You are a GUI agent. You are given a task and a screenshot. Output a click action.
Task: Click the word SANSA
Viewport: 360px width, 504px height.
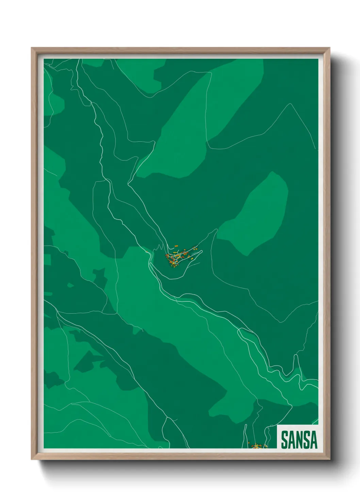[x=299, y=440]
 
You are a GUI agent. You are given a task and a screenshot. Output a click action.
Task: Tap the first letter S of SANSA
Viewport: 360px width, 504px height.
[x=284, y=440]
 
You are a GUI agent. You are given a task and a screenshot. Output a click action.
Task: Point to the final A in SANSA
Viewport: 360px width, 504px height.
[x=313, y=440]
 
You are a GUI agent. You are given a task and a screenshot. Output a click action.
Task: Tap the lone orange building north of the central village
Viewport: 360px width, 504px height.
[x=176, y=246]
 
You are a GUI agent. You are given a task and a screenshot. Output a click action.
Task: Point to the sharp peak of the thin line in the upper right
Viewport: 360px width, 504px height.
[x=290, y=104]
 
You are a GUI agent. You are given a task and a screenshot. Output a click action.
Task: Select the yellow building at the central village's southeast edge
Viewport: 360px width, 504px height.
[x=192, y=259]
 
